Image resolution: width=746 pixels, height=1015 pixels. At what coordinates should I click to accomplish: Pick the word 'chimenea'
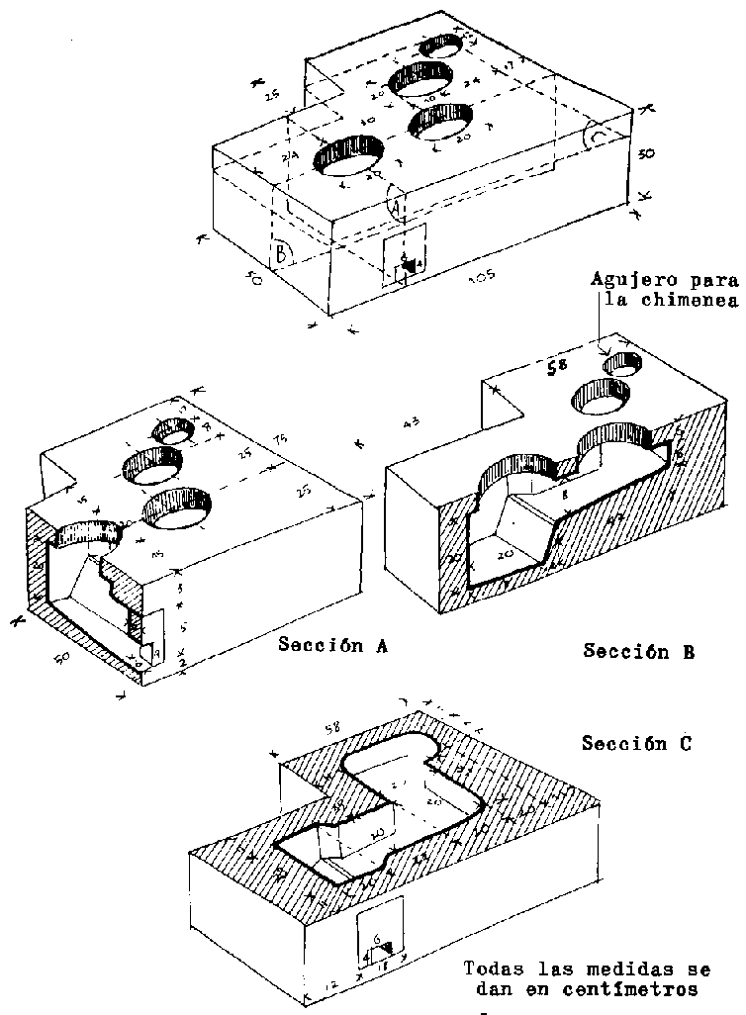(694, 301)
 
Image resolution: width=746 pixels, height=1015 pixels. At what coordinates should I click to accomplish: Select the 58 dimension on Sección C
(333, 728)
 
